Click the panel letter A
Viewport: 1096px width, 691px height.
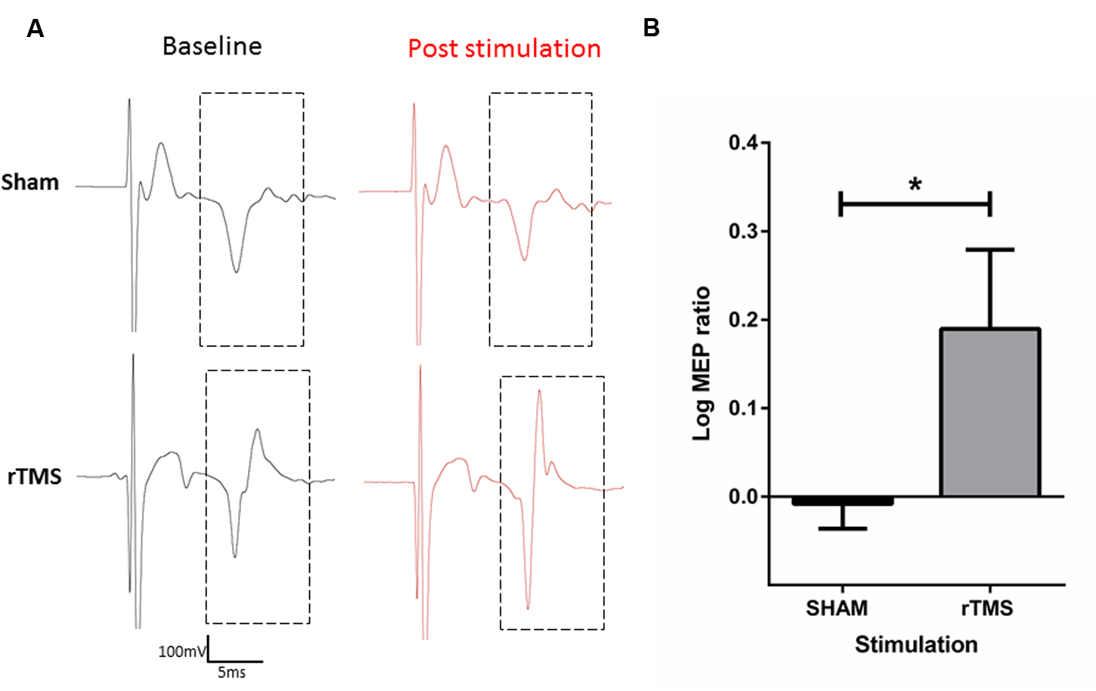coord(35,29)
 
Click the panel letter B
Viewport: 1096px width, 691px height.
coord(651,29)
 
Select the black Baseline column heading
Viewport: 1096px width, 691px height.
coord(212,47)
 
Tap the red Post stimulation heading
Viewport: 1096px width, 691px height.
coord(504,49)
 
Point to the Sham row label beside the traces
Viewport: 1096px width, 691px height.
coord(30,183)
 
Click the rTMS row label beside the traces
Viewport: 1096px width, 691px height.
coord(34,477)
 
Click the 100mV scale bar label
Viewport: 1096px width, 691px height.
coord(181,652)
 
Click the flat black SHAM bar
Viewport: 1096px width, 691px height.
coord(842,501)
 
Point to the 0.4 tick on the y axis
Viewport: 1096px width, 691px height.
coord(744,143)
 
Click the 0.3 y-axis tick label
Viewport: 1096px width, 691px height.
coord(744,231)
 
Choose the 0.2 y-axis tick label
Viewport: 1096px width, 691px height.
coord(744,320)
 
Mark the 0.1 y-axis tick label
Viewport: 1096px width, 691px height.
coord(744,408)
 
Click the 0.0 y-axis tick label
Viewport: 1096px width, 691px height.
coord(744,497)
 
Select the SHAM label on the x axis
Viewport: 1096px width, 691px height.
coord(837,609)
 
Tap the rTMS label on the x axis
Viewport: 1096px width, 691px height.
coord(986,609)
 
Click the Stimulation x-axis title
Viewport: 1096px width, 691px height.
coord(916,645)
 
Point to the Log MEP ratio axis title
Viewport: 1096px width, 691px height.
coord(702,363)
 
